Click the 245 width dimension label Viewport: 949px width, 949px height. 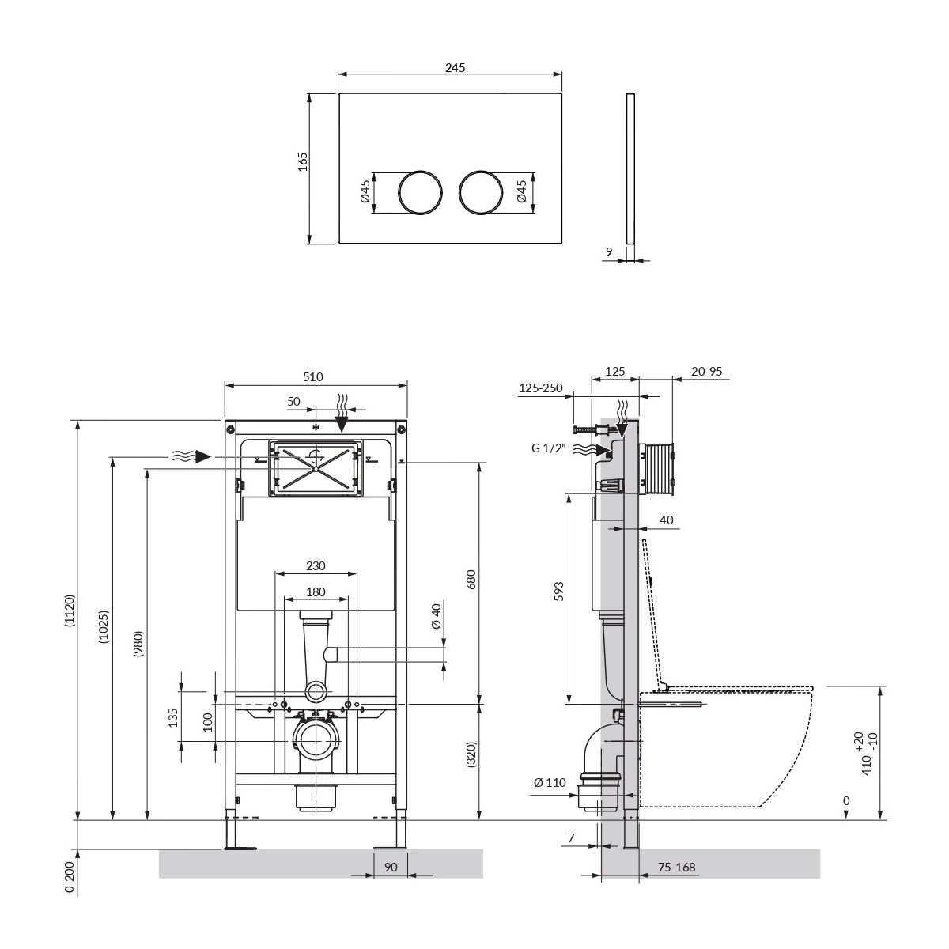click(455, 67)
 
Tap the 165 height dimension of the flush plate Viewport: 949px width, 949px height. click(303, 161)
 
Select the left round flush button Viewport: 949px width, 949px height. click(420, 192)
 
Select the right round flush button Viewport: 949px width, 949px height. click(481, 192)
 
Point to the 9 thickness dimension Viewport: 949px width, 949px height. click(609, 251)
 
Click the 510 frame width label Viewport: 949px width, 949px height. click(312, 376)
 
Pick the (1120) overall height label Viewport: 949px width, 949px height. click(70, 611)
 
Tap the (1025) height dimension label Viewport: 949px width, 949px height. click(104, 627)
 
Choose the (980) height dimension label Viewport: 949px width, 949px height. click(138, 645)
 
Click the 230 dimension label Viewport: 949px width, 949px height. click(316, 566)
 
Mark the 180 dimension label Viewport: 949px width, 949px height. click(316, 592)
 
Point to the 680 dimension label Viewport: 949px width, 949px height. click(471, 580)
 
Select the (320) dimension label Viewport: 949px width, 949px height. click(471, 754)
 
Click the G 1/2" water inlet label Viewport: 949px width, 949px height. click(549, 448)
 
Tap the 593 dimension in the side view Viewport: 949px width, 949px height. click(558, 592)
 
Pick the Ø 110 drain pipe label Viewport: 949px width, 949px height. click(550, 782)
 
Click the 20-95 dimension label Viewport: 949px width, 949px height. click(706, 372)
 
